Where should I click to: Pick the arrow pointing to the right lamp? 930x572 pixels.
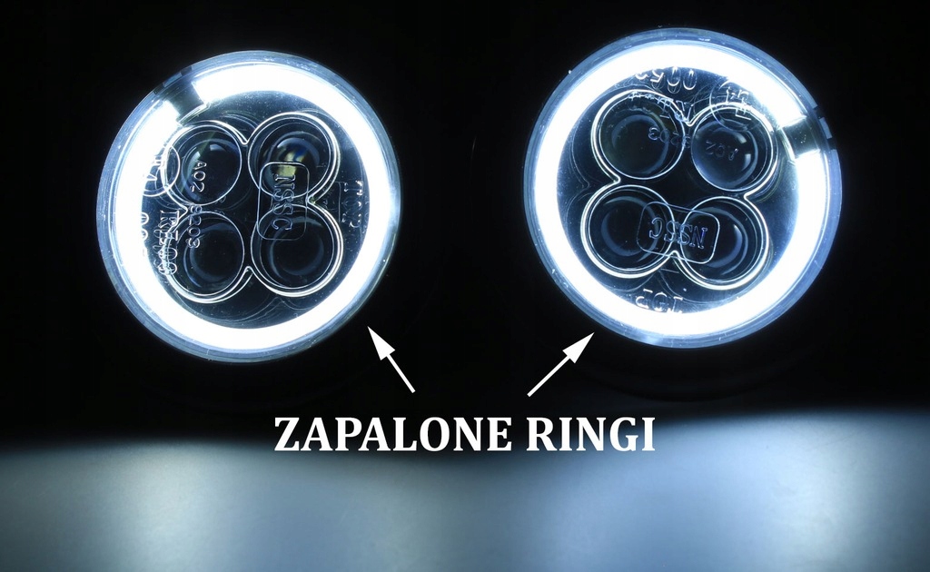coord(561,363)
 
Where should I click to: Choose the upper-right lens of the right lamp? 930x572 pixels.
coord(731,145)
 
